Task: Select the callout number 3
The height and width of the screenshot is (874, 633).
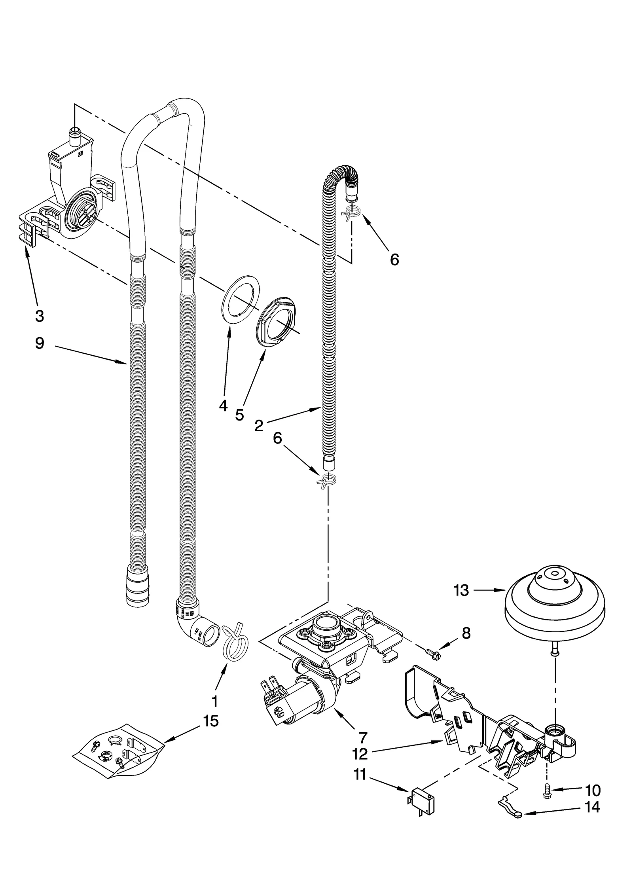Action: coord(39,316)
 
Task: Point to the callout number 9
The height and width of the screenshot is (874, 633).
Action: coord(40,343)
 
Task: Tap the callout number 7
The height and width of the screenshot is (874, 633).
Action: coord(362,737)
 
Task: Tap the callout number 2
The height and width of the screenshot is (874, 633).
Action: coord(259,425)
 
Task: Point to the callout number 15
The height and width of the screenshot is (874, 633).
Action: coord(211,721)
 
